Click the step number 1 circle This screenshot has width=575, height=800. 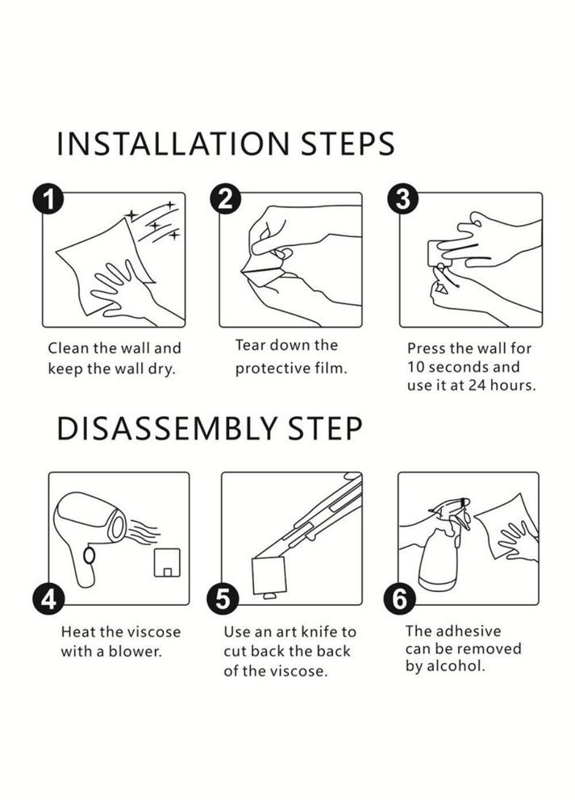point(48,199)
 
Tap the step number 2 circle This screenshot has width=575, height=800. point(225,199)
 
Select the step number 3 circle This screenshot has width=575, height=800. point(403,199)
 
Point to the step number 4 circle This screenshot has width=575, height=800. point(48,599)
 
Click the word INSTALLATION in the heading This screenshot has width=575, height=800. point(173,144)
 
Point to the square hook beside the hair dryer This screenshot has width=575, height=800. point(168,563)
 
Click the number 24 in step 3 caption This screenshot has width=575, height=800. point(477,385)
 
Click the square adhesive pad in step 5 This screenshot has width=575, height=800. point(269,575)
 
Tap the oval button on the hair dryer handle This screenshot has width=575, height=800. point(90,555)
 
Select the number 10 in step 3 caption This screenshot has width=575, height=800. point(416,367)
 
